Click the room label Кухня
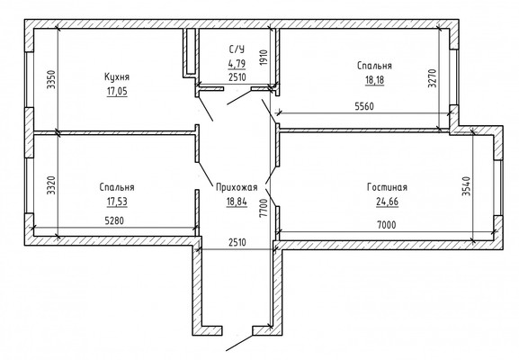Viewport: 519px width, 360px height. (x=117, y=76)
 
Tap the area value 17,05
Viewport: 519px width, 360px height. (x=117, y=91)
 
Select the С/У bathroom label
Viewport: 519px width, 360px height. (x=237, y=49)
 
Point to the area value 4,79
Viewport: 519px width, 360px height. (x=237, y=63)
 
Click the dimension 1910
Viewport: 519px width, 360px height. (x=264, y=58)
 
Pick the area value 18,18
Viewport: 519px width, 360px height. (x=375, y=80)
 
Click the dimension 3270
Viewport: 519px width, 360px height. (x=433, y=78)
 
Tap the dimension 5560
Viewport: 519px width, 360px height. (x=364, y=106)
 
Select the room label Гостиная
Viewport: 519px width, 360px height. (x=387, y=187)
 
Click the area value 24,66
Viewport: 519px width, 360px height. (x=387, y=202)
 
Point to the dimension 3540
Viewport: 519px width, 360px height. (x=466, y=186)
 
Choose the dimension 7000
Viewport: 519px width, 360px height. (x=386, y=225)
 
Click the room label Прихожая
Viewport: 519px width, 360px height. (x=237, y=187)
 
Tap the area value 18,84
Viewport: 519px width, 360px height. (x=237, y=202)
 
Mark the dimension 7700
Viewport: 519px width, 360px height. (x=264, y=208)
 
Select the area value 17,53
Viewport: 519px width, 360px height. (x=117, y=202)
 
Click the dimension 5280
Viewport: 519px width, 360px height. (x=114, y=220)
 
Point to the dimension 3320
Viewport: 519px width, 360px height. (x=51, y=185)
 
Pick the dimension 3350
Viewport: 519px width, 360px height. (x=51, y=79)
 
